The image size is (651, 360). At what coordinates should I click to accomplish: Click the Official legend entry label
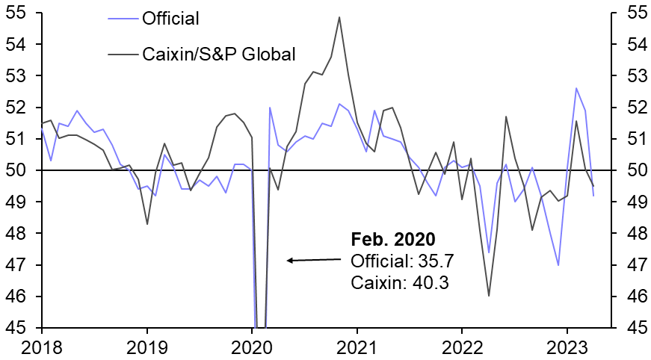pyautogui.click(x=170, y=17)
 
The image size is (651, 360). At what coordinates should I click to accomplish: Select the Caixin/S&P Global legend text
pyautogui.click(x=219, y=54)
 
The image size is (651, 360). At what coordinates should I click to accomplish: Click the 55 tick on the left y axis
pyautogui.click(x=17, y=13)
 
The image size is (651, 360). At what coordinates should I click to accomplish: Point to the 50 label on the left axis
pyautogui.click(x=17, y=171)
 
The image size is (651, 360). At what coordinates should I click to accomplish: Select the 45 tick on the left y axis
pyautogui.click(x=17, y=329)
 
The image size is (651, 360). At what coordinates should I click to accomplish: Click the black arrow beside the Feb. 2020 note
pyautogui.click(x=314, y=260)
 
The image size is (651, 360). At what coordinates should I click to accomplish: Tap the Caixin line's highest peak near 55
pyautogui.click(x=339, y=17)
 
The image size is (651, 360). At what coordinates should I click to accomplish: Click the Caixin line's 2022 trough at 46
pyautogui.click(x=489, y=297)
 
